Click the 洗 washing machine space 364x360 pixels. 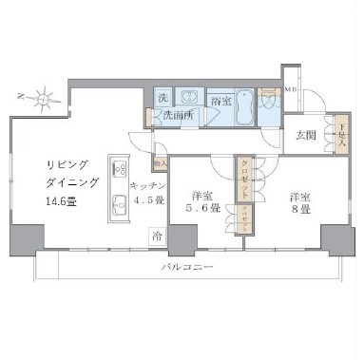163,99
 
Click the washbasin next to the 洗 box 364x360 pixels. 189,97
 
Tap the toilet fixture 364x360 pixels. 270,101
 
